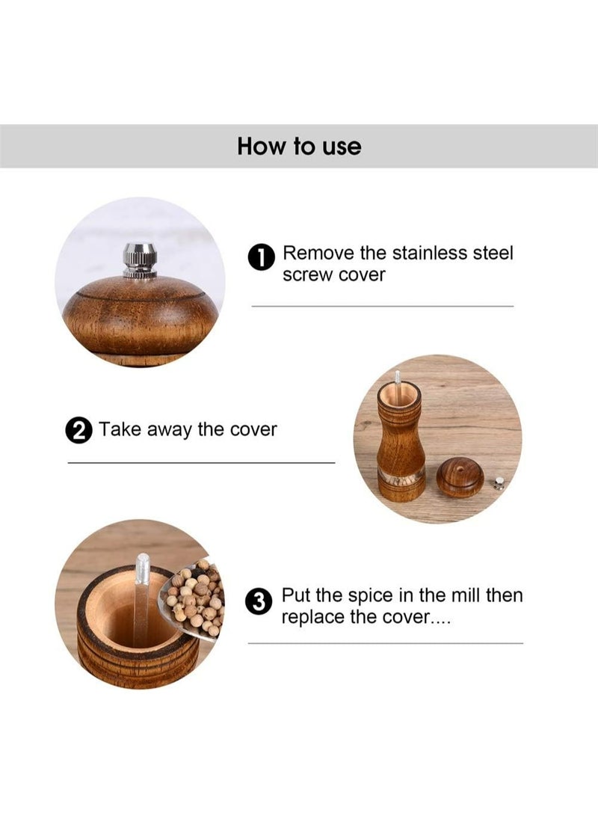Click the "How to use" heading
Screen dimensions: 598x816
(x=299, y=147)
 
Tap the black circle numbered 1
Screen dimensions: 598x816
(x=262, y=257)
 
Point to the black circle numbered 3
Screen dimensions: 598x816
(x=259, y=602)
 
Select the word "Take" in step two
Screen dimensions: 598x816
(x=120, y=429)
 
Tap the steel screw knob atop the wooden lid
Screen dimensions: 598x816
(x=139, y=260)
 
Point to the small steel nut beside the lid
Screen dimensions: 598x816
(x=499, y=484)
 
